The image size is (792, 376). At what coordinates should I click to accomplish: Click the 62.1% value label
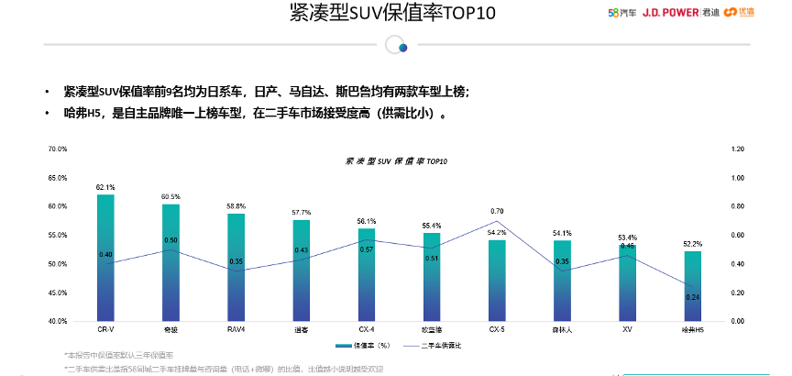105,187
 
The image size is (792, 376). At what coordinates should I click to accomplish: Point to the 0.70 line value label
496,212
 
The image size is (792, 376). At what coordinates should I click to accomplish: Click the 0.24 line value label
692,297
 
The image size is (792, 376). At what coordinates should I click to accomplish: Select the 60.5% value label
170,197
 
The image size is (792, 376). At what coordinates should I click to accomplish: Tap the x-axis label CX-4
366,328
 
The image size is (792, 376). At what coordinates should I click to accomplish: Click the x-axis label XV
627,328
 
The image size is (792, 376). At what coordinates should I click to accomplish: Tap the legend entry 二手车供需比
437,346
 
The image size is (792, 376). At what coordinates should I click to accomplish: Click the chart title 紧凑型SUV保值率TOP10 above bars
396,160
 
